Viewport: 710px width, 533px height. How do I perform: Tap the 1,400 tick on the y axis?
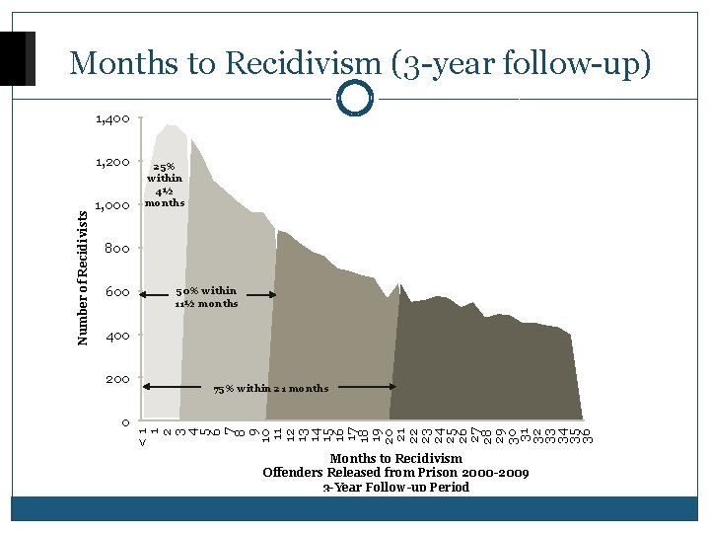pos(112,119)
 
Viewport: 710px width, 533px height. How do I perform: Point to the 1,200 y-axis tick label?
pos(112,162)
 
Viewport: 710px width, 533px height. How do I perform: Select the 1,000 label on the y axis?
pos(112,205)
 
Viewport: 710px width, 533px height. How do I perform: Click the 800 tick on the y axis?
pos(117,249)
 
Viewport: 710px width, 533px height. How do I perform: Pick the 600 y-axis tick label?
pos(117,292)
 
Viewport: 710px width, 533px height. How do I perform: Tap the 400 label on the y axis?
pos(117,336)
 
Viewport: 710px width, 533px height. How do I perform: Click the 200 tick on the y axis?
pos(117,379)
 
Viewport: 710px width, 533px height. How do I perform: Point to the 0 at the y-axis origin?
pos(125,423)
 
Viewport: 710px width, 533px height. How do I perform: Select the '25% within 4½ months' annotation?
pos(165,185)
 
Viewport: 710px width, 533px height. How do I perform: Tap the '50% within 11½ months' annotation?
pos(206,297)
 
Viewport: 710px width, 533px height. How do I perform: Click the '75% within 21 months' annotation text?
pos(271,388)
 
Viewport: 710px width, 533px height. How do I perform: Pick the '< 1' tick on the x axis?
pos(144,434)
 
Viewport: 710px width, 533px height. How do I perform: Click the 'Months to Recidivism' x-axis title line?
pos(395,459)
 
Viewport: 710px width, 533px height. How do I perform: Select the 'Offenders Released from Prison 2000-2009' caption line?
pos(395,473)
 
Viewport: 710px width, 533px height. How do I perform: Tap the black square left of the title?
pos(18,58)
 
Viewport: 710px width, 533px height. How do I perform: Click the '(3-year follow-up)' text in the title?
pos(522,63)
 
